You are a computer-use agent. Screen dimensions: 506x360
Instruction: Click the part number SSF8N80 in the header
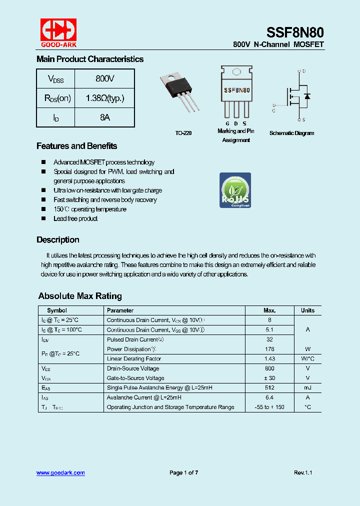(295, 32)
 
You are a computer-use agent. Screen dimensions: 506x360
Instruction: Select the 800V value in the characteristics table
(105, 79)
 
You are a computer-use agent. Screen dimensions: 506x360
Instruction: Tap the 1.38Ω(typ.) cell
(105, 98)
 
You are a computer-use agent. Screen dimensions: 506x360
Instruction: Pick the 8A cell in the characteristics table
(105, 117)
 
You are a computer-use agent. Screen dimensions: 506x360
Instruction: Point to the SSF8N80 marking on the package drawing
(236, 90)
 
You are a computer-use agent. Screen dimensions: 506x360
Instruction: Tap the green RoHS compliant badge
(235, 190)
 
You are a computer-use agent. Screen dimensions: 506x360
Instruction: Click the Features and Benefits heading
(76, 146)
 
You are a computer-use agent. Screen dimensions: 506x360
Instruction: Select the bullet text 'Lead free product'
(75, 218)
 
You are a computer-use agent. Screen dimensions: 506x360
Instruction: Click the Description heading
(58, 240)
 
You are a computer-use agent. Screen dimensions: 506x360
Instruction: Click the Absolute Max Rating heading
(80, 296)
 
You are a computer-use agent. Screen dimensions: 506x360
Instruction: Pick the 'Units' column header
(307, 310)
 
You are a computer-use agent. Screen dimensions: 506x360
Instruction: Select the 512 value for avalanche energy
(269, 388)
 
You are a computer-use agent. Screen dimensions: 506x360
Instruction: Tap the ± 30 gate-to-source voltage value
(269, 378)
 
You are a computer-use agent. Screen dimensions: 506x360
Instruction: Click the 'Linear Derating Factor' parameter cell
(133, 359)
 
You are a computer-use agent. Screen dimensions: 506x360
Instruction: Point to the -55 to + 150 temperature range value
(269, 407)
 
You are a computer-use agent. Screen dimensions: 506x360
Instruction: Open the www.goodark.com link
(60, 473)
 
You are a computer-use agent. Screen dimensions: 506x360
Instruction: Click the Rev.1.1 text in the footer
(303, 473)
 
